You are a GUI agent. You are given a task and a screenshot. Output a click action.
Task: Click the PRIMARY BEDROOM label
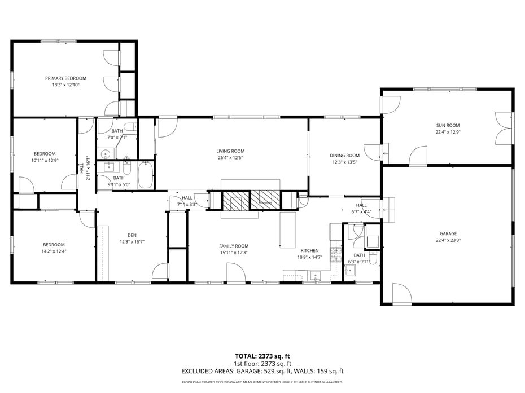66,78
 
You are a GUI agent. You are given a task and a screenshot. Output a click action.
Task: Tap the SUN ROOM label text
448,125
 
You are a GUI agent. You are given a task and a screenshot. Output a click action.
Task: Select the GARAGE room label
448,233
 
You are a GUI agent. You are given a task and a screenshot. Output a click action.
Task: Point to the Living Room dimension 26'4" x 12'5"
230,157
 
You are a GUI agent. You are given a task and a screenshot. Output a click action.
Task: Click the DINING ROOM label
344,155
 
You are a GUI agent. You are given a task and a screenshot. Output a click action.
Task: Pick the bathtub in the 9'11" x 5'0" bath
145,175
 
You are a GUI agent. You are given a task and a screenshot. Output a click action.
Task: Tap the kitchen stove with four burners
336,254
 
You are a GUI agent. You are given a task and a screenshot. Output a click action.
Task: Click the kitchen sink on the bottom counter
315,276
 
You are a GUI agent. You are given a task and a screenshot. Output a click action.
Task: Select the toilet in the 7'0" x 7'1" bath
130,126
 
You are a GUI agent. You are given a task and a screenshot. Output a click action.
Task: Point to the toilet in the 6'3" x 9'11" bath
373,259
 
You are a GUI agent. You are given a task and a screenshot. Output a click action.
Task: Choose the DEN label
132,235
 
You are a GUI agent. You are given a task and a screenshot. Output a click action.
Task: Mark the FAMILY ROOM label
234,246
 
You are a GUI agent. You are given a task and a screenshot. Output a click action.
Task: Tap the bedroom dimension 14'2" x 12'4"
54,251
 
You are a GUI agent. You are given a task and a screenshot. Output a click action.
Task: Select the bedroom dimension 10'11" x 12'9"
45,160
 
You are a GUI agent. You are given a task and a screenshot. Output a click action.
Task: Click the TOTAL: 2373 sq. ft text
262,356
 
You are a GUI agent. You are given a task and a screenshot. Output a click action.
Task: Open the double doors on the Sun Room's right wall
504,129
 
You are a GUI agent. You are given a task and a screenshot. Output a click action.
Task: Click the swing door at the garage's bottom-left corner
401,294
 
